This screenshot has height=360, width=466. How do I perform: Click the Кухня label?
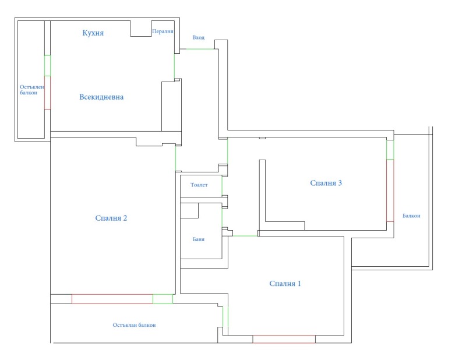(x=93, y=33)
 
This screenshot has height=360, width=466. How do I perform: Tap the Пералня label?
(x=163, y=31)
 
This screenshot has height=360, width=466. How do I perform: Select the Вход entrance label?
(x=199, y=38)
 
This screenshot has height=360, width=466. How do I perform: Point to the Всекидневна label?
(x=101, y=97)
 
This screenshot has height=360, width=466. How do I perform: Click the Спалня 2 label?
(x=111, y=218)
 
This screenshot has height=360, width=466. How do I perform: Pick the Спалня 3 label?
(x=326, y=183)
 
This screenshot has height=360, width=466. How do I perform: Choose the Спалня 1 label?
(x=285, y=284)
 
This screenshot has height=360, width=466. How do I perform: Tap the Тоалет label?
(x=199, y=185)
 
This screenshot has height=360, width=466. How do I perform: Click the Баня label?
(x=198, y=239)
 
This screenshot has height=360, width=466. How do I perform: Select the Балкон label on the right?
(x=411, y=216)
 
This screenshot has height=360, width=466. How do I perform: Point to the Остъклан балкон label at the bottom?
(x=135, y=325)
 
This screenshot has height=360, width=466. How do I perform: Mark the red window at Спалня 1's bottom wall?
(x=284, y=339)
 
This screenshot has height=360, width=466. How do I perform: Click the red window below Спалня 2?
(x=112, y=299)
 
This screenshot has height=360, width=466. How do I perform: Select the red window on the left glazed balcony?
(x=47, y=92)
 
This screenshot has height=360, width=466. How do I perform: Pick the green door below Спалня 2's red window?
(x=163, y=299)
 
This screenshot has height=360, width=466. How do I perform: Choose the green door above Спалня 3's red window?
(x=390, y=150)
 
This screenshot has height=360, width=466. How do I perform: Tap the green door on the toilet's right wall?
(x=222, y=185)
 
